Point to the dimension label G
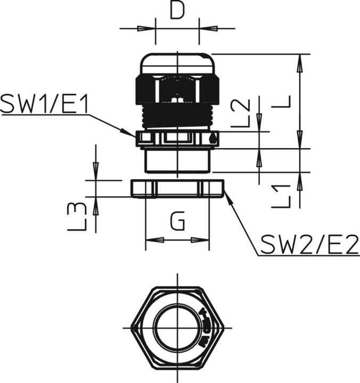177,220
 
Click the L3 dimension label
77,216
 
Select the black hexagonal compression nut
177,88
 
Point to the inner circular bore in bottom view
177,327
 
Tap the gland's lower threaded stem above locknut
177,160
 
